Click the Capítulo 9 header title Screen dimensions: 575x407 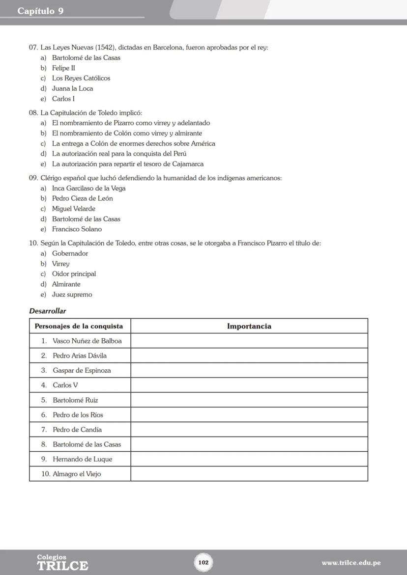[40, 11]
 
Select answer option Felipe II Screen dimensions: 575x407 [63, 68]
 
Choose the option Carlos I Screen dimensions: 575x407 [63, 99]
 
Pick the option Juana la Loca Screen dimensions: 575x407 [72, 88]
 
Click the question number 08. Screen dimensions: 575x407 [33, 112]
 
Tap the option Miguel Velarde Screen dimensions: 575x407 [74, 209]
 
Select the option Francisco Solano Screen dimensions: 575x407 [77, 229]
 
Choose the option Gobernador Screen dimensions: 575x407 [70, 253]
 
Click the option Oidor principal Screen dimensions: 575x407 [74, 274]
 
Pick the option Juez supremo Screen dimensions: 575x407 [72, 295]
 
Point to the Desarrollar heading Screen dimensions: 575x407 [47, 311]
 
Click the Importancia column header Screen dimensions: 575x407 [249, 326]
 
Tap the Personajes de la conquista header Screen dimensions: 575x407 [79, 326]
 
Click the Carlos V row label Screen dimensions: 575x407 [65, 385]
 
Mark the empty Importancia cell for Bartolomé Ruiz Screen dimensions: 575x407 [249, 400]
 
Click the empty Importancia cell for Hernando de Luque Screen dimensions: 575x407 [249, 459]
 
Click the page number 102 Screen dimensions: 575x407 [203, 562]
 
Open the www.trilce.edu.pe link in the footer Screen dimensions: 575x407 [351, 563]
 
